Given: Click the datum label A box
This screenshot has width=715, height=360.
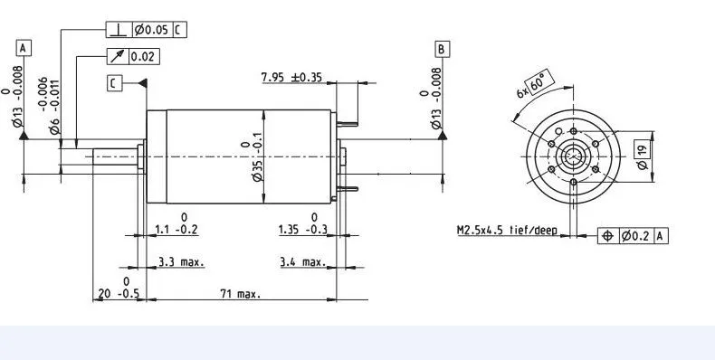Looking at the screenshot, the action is click(x=24, y=48).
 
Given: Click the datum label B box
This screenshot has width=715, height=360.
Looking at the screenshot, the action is click(x=442, y=49).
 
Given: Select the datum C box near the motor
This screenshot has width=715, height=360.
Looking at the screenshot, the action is click(x=114, y=83).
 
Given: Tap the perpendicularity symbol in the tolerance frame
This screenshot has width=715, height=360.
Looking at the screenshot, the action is click(x=119, y=30).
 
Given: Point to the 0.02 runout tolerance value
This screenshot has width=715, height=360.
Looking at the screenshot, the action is click(x=142, y=56).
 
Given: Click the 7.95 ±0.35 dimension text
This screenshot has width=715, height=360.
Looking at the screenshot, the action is click(x=291, y=77).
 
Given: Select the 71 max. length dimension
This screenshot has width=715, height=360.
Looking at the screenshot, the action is click(x=241, y=294).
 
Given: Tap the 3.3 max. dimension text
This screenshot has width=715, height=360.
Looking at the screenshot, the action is click(x=182, y=262).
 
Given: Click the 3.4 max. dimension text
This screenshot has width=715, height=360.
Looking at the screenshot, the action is click(x=303, y=262).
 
